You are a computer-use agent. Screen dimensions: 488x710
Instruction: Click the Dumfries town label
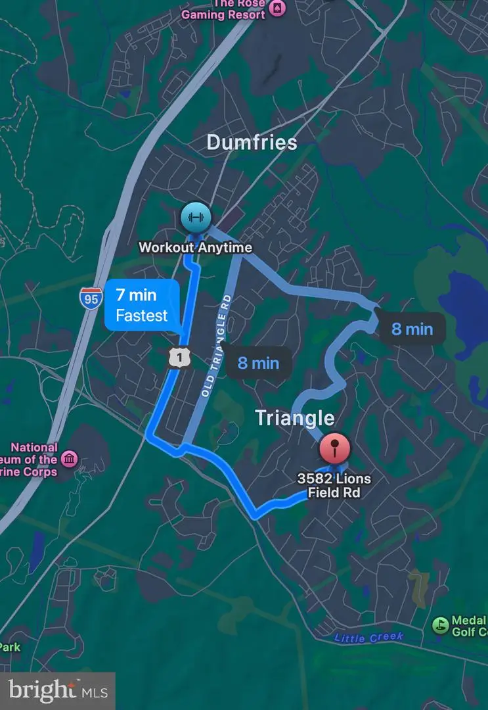click(252, 142)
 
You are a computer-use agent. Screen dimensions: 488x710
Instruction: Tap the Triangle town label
click(294, 417)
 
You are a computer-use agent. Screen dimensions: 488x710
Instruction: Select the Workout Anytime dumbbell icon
click(194, 217)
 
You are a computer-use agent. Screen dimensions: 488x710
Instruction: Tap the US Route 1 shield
click(179, 356)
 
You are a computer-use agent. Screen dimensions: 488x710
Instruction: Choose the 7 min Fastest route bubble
click(142, 305)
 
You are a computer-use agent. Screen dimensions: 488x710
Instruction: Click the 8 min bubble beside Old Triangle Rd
click(258, 363)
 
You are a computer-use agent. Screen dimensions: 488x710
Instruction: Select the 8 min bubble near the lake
click(412, 329)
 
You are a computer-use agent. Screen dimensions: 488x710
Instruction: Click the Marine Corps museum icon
click(69, 458)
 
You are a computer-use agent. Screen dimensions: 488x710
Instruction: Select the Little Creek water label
click(368, 637)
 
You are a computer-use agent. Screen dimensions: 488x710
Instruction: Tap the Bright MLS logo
click(58, 690)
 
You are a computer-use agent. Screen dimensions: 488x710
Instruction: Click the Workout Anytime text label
click(195, 248)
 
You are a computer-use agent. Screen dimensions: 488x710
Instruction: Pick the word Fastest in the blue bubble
click(142, 316)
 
